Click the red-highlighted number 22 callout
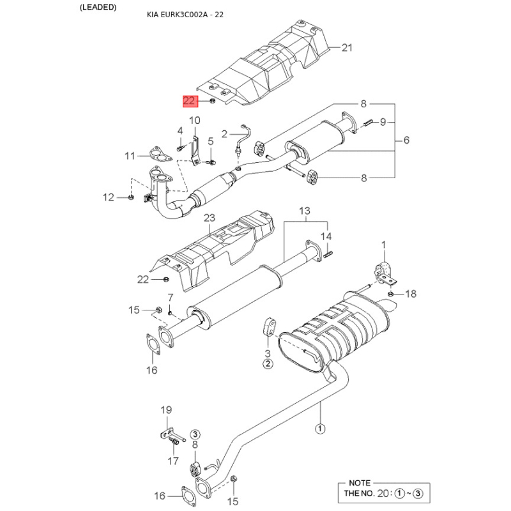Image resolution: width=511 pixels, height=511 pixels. [190, 101]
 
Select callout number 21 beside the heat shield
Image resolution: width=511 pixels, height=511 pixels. [347, 47]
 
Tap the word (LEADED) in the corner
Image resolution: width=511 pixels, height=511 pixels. [98, 7]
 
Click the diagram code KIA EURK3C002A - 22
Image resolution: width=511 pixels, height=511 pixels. [185, 15]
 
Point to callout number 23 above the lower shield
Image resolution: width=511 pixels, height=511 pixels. [210, 218]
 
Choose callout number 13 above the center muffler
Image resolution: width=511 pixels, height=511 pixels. [305, 211]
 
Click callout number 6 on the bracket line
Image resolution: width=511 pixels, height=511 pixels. [406, 140]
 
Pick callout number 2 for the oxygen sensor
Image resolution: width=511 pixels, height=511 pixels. [224, 134]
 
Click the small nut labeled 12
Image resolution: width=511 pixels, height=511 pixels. [131, 197]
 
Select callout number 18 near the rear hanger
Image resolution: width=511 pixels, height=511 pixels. [411, 294]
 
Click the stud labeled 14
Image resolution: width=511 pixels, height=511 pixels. [328, 254]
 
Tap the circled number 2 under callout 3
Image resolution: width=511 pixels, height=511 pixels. [268, 363]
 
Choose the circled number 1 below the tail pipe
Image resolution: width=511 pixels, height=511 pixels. [320, 428]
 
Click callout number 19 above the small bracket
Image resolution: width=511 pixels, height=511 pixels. [166, 410]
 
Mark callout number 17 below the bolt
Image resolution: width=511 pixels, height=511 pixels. [173, 461]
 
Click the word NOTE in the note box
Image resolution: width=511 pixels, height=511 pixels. [360, 483]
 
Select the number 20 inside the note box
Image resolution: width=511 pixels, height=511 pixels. [383, 493]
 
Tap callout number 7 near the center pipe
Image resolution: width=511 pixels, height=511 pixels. [171, 298]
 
